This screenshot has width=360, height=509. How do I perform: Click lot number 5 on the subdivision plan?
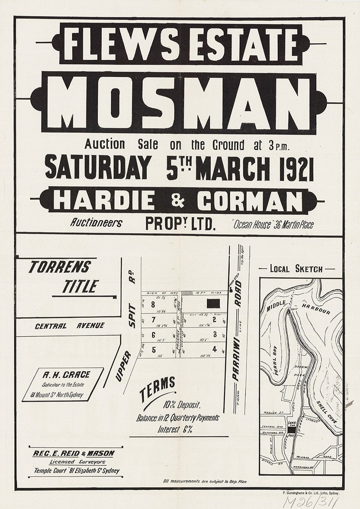click(153, 350)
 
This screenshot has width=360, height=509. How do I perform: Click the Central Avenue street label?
click(70, 326)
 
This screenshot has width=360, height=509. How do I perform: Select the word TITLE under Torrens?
click(80, 286)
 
